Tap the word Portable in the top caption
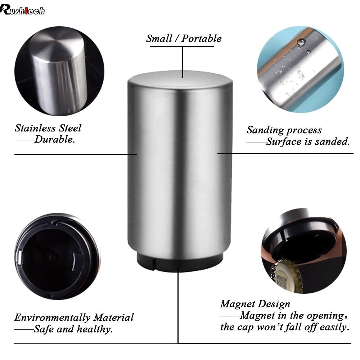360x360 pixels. pyautogui.click(x=202, y=39)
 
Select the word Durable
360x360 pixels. pyautogui.click(x=55, y=140)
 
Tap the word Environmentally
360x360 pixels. pyautogui.click(x=53, y=318)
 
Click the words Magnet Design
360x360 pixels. pyautogui.click(x=255, y=304)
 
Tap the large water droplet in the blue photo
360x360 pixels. pyautogui.click(x=301, y=42)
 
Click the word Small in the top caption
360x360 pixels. pyautogui.click(x=159, y=39)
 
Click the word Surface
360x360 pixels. pyautogui.click(x=284, y=141)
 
